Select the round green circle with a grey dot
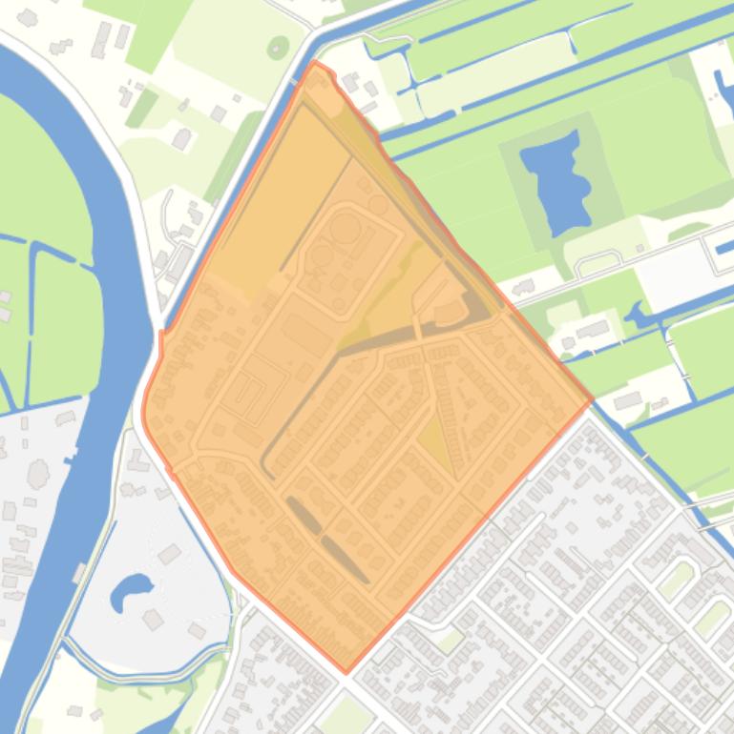[x=278, y=46]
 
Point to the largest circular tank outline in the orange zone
[x=346, y=228]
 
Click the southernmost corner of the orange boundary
[x=346, y=672]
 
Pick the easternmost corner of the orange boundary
[x=592, y=399]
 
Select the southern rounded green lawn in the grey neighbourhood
[x=712, y=620]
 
